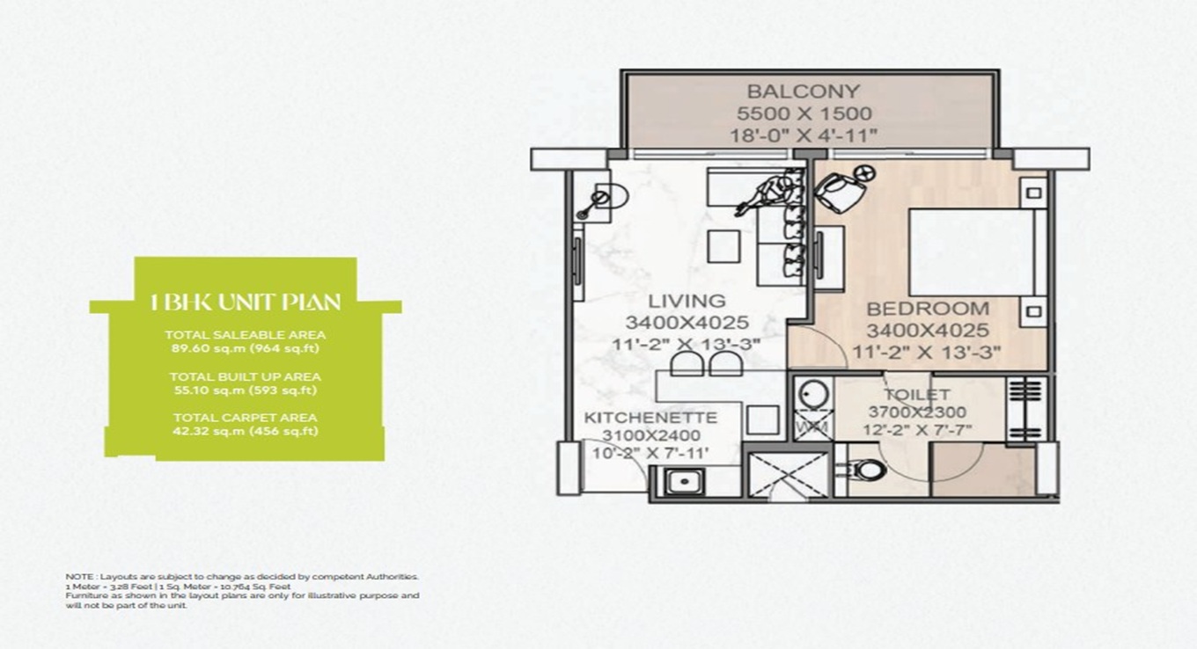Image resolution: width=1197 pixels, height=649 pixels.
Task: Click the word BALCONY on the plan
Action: (803, 91)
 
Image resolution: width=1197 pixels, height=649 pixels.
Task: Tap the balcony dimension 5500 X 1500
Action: (804, 113)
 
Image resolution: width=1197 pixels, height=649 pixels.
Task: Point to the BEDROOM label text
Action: (927, 310)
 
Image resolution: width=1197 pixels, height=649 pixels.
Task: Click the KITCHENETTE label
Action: (650, 417)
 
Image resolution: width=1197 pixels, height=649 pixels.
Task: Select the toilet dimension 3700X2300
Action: (917, 412)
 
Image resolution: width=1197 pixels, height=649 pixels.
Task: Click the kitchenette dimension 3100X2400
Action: (651, 436)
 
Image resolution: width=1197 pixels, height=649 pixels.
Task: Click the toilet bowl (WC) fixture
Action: (865, 470)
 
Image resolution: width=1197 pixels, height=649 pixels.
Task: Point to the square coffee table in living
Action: (723, 246)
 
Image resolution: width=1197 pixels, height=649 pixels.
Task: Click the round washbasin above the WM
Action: (812, 393)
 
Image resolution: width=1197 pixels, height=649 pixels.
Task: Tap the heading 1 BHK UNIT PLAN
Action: (246, 303)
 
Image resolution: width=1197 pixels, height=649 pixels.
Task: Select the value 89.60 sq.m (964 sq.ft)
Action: (245, 347)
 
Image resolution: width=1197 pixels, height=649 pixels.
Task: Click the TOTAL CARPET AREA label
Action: (245, 418)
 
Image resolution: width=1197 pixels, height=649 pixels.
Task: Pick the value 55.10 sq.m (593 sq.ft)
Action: (245, 390)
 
